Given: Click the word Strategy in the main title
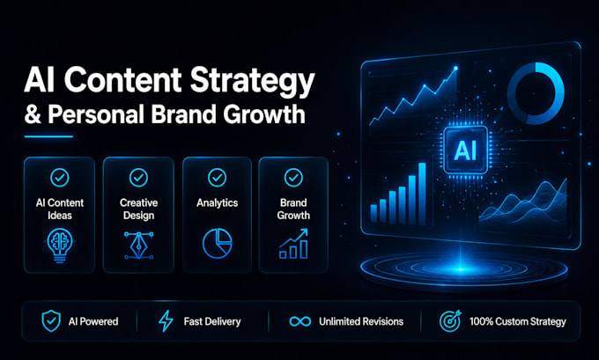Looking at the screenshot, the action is click(252, 81).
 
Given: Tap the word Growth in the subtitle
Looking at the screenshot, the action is click(264, 114).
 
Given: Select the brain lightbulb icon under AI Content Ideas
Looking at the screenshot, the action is click(60, 246).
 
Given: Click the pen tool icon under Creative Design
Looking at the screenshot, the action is click(138, 245).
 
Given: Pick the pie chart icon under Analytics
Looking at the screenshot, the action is click(217, 244).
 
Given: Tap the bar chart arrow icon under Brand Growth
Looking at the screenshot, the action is click(293, 244).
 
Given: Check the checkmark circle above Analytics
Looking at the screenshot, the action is click(217, 178).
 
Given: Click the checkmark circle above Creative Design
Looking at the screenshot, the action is click(138, 178).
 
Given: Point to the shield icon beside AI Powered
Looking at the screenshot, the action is click(51, 320).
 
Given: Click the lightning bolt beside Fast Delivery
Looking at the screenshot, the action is click(166, 320).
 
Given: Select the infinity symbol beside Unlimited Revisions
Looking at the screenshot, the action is click(300, 321).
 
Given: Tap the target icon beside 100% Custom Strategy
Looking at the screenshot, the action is click(450, 320).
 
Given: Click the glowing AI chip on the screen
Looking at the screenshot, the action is click(465, 150).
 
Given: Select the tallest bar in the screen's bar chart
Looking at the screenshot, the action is click(422, 194).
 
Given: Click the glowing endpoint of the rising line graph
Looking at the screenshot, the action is click(455, 69).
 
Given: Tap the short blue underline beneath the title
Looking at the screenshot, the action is click(48, 136).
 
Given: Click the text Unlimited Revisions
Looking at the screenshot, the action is click(361, 321).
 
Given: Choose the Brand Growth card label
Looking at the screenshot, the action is click(293, 209).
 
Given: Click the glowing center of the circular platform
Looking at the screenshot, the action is click(462, 269).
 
